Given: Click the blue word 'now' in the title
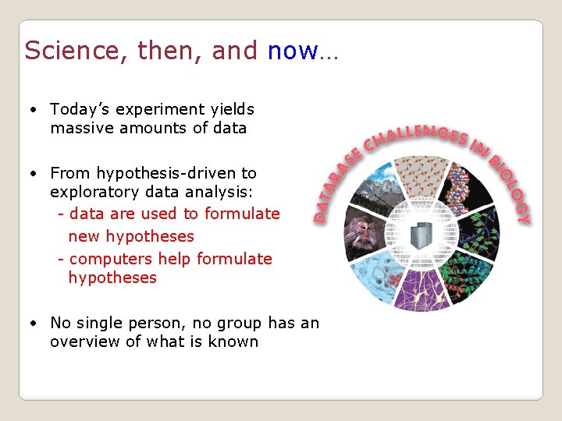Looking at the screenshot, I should (292, 51).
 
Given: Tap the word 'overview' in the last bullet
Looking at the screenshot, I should (86, 341).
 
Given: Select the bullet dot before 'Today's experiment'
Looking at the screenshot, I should (34, 109).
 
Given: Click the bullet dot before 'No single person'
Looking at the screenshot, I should (34, 323).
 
